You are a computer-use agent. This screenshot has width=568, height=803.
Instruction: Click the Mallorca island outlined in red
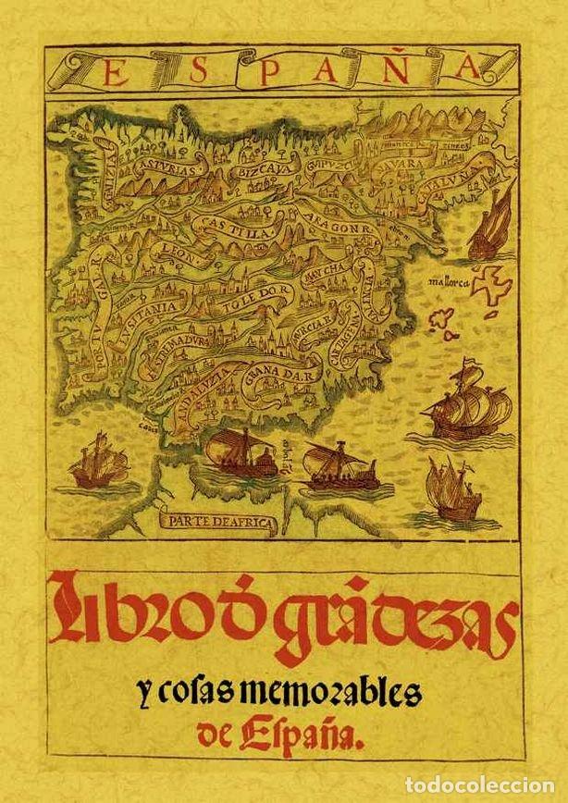493,283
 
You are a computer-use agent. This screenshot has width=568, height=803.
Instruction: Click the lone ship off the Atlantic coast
95,462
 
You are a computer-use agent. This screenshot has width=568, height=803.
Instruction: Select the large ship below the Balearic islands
467,400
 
